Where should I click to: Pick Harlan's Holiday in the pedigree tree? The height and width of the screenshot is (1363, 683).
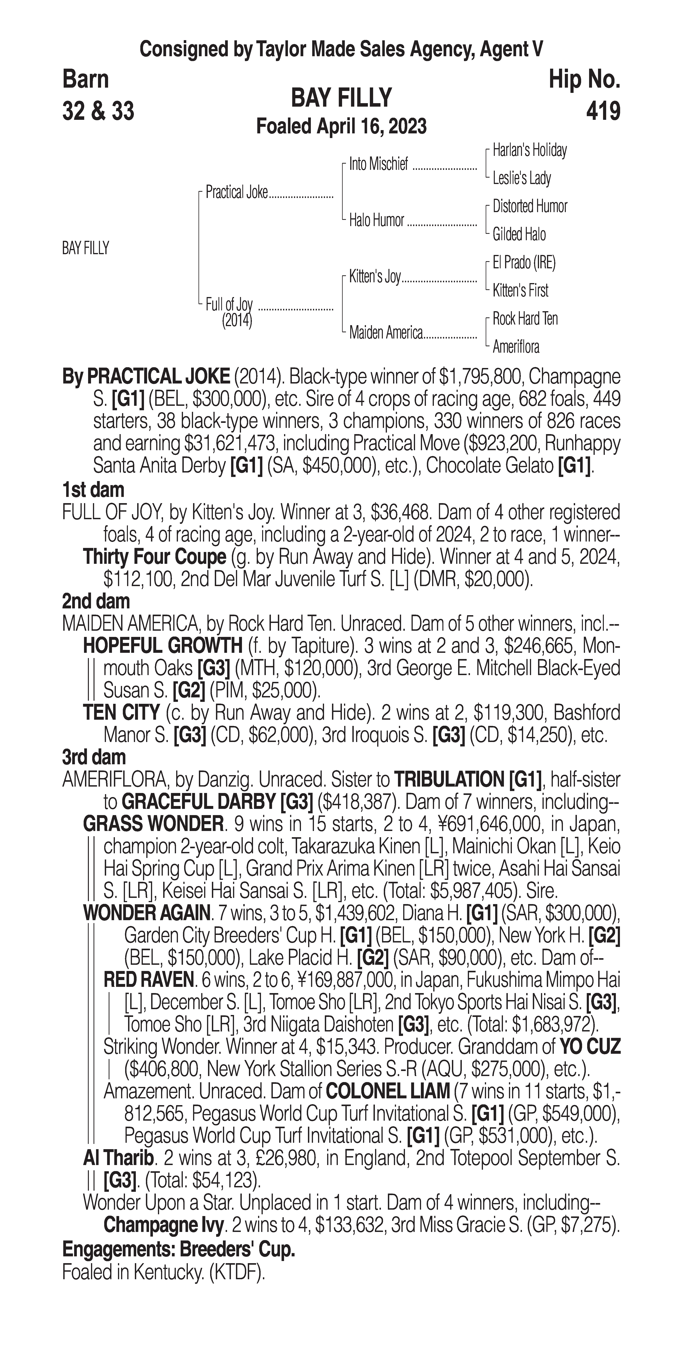click(530, 150)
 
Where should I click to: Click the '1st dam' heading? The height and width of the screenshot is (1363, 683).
click(93, 490)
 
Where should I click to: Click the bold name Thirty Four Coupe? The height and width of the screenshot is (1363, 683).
click(155, 557)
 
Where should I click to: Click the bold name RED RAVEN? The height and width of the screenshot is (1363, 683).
click(149, 980)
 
